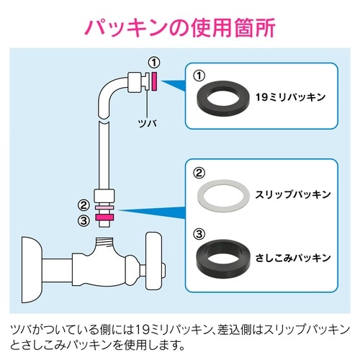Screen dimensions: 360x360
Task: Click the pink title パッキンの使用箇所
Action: pos(179,27)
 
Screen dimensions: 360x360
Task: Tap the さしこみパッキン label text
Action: pos(292,256)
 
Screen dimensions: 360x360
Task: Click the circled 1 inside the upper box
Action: pos(202,73)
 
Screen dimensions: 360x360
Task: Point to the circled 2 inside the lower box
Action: pos(202,173)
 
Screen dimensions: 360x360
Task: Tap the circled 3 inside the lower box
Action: pos(202,233)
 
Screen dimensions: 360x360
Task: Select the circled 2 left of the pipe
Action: pos(84,204)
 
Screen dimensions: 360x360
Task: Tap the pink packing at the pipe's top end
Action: pos(153,80)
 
